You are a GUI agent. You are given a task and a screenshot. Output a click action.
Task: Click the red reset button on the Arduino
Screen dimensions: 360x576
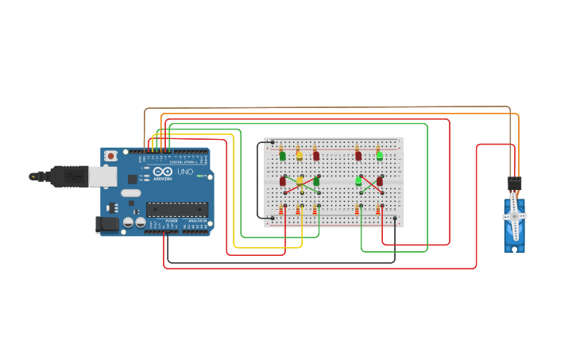pos(110,156)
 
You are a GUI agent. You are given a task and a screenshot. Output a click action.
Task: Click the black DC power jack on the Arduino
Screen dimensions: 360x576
pos(105,225)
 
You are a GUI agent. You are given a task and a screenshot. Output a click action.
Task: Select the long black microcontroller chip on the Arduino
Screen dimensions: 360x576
pos(176,209)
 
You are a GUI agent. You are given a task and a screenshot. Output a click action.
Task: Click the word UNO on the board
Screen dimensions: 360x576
pos(184,172)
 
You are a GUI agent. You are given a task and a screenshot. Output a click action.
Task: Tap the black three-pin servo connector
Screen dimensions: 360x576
pos(515,183)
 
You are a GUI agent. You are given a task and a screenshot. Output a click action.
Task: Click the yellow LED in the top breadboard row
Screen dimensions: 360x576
pos(300,156)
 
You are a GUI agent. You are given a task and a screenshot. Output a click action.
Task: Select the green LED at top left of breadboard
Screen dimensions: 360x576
pos(283,156)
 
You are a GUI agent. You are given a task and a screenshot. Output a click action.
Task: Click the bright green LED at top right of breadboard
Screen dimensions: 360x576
pos(379,156)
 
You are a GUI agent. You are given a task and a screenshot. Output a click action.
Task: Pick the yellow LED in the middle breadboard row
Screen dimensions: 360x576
pos(300,181)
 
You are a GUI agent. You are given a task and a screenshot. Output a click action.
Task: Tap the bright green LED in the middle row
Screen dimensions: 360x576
pos(359,181)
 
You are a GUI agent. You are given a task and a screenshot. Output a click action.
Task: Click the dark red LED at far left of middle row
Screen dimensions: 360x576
pos(283,181)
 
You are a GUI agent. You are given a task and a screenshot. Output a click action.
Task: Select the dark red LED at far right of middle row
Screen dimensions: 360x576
pos(380,181)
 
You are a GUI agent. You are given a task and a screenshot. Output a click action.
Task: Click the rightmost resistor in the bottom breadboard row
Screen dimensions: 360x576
pos(379,210)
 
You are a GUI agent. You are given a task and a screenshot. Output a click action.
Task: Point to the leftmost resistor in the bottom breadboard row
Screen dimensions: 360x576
pos(283,210)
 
